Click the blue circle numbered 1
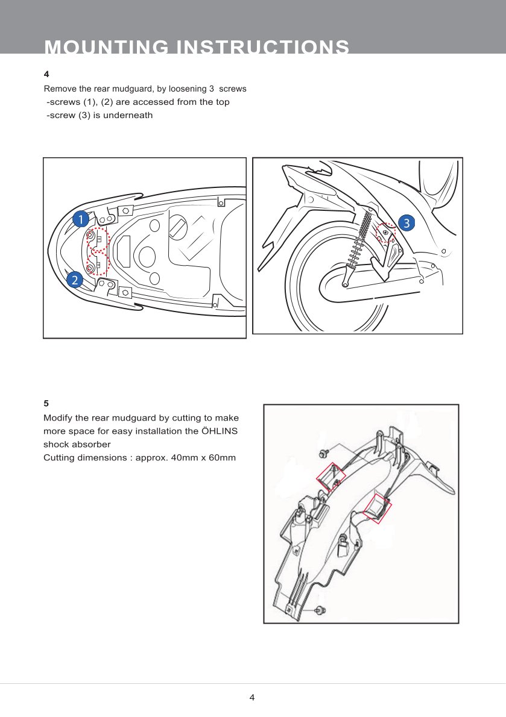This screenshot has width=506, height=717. point(80,220)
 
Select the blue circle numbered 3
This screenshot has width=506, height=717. point(407,223)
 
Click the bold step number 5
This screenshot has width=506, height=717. point(46,403)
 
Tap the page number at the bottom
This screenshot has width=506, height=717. point(252,698)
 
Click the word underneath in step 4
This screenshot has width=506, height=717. point(128,115)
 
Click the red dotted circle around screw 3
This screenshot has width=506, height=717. point(386,233)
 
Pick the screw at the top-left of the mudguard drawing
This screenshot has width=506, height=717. point(321,452)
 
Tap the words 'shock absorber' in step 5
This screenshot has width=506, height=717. point(77,444)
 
